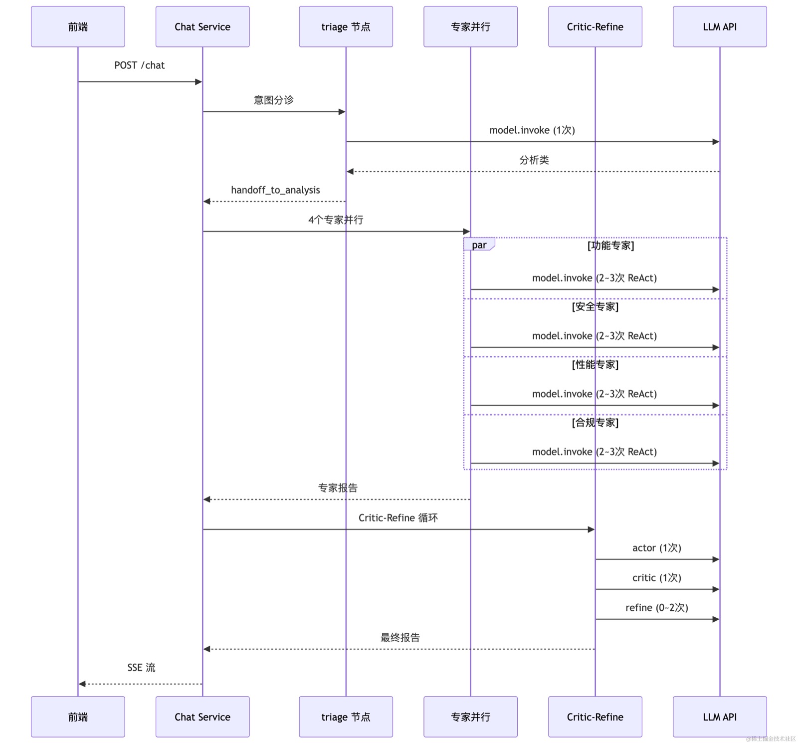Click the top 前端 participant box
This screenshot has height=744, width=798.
pyautogui.click(x=78, y=26)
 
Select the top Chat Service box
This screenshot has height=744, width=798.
pyautogui.click(x=202, y=26)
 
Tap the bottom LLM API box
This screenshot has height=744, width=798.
pyautogui.click(x=720, y=717)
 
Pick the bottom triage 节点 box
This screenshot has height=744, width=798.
pyautogui.click(x=346, y=717)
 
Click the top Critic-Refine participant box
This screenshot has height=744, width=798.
pyautogui.click(x=595, y=26)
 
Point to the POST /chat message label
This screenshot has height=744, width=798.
pyautogui.click(x=140, y=65)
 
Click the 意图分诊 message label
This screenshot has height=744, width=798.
pyautogui.click(x=274, y=100)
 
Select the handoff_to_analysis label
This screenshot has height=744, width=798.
pyautogui.click(x=275, y=190)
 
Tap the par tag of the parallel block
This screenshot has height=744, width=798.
pyautogui.click(x=479, y=245)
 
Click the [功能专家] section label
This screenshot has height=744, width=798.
pyautogui.click(x=611, y=246)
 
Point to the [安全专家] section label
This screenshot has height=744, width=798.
pyautogui.click(x=596, y=307)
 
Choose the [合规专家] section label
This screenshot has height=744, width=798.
pyautogui.click(x=596, y=423)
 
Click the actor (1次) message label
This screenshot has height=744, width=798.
pyautogui.click(x=657, y=548)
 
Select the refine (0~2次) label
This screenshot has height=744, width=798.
pyautogui.click(x=657, y=608)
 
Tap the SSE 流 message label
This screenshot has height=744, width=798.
pyautogui.click(x=141, y=668)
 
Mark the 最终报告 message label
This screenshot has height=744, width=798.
pyautogui.click(x=400, y=638)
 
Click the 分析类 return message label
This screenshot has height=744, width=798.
pyautogui.click(x=534, y=160)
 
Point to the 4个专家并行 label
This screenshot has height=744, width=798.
pyautogui.click(x=336, y=220)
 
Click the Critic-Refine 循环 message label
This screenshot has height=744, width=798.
pyautogui.click(x=398, y=518)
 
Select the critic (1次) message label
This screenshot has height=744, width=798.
pyautogui.click(x=657, y=578)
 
